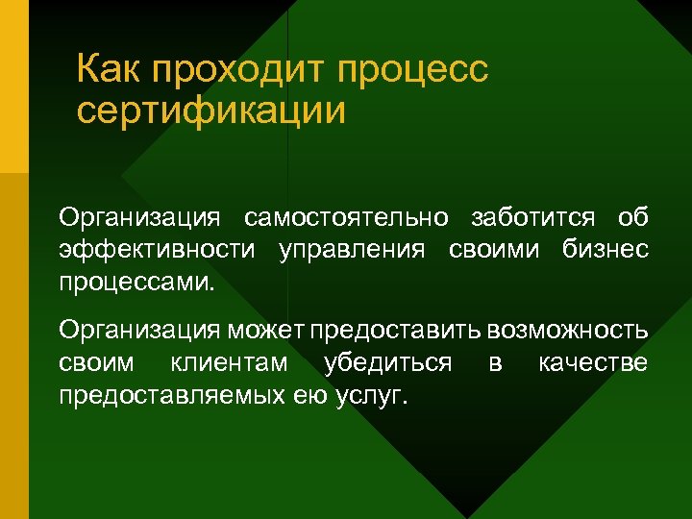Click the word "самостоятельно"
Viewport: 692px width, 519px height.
(346, 218)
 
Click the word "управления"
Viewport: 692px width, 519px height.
(351, 251)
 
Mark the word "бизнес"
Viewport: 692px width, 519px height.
(605, 251)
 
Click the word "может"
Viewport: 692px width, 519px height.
(265, 331)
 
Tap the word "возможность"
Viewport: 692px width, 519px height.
(567, 331)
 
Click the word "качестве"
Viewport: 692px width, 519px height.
(592, 363)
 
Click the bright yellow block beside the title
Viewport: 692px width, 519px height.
(13, 86)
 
